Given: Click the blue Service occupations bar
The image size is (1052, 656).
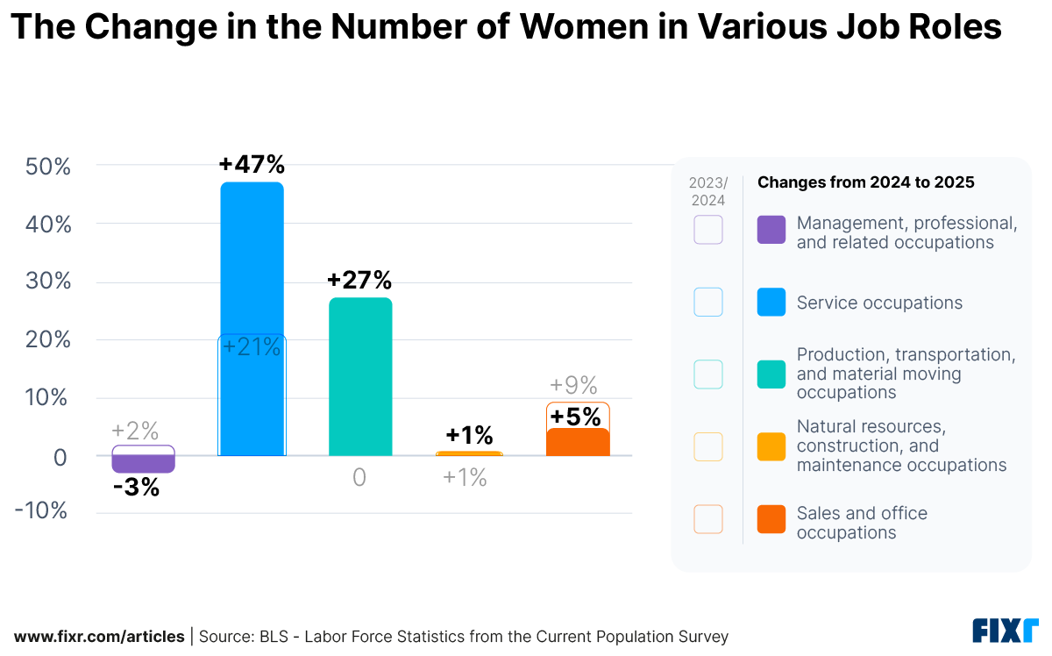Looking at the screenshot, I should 252,263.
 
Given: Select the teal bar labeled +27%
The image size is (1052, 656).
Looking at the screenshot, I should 360,377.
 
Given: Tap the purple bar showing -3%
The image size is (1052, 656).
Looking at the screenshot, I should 143,464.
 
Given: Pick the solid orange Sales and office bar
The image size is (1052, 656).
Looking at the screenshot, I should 578,442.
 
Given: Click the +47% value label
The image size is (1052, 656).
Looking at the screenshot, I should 252,165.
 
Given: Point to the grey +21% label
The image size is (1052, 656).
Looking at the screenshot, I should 252,347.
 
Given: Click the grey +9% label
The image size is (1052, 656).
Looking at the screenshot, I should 573,385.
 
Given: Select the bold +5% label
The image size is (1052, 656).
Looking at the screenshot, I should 576,417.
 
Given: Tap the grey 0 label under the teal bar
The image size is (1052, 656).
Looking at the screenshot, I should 359,478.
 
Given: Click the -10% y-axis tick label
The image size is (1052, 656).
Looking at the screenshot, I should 41,511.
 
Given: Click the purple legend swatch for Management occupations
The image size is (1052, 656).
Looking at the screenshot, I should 771,230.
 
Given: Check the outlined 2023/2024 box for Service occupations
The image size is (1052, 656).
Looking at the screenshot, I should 707,302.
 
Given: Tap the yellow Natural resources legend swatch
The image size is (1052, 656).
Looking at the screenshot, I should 771,446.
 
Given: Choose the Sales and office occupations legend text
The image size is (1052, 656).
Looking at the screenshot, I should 861,523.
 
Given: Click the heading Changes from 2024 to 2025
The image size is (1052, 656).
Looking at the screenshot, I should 865,182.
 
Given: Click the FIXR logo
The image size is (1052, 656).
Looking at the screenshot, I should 1005,631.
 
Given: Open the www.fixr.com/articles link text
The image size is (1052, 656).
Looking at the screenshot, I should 99,637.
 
